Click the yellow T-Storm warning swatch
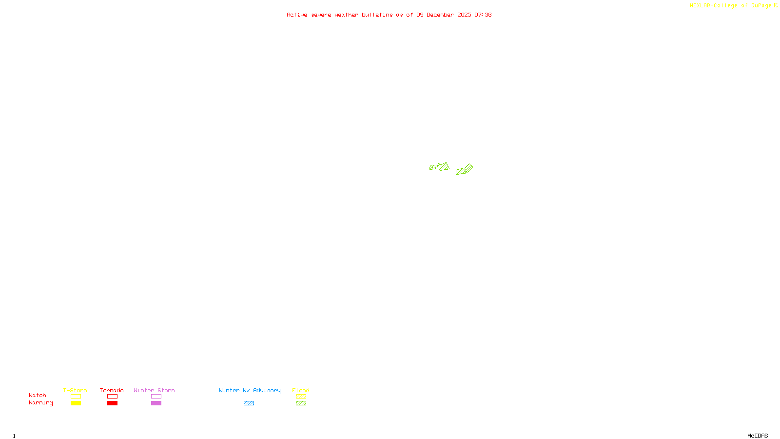pos(76,403)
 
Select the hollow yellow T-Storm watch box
pos(76,397)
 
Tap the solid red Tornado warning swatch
pos(112,403)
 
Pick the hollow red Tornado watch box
pos(112,397)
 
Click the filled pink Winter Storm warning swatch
pos(156,403)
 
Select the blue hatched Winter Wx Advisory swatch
pos(249,403)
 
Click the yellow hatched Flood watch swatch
pos(301,397)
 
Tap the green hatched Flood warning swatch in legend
pos(301,403)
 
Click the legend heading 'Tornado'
pos(112,390)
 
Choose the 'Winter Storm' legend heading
pos(154,390)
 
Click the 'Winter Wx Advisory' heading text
pos(250,390)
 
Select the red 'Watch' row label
pos(38,396)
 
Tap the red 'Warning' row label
pos(40,403)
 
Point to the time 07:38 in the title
pos(483,15)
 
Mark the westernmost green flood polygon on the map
pos(432,167)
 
